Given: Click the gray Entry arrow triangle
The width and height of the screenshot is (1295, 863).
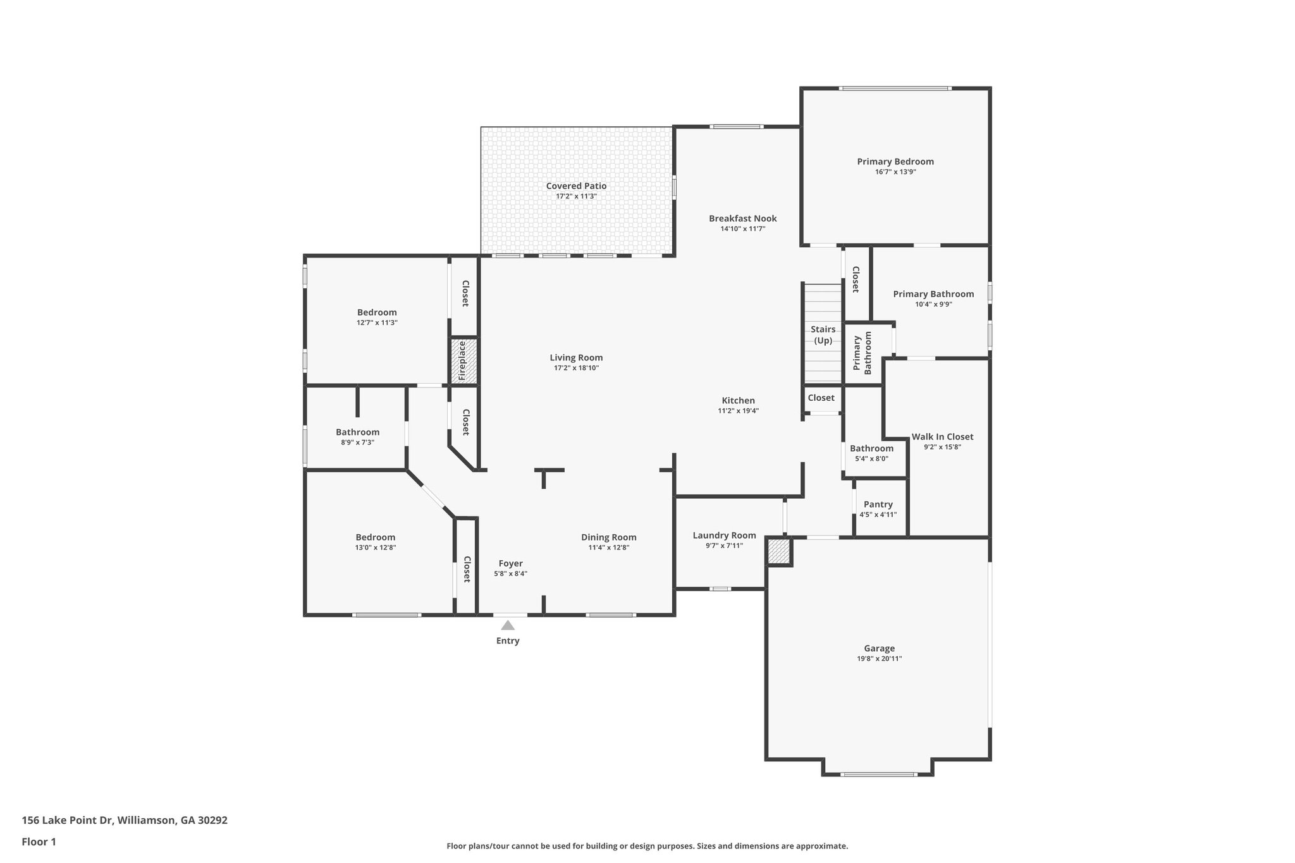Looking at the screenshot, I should (508, 625).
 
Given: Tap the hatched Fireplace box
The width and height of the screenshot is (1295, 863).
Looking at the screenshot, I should (463, 361).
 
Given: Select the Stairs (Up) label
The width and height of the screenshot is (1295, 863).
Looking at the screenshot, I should (823, 335).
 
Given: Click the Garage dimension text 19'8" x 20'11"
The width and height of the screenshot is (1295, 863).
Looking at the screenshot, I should (879, 659).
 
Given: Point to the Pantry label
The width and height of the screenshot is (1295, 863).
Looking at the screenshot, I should (878, 505).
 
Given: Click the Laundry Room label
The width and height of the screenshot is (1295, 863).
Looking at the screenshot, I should (724, 536).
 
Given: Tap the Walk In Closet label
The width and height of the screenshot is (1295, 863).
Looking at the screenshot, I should (942, 437).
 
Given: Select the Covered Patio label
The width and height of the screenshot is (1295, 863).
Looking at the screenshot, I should (576, 186).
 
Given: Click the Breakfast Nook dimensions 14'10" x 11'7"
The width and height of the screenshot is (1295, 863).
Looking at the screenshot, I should (742, 229).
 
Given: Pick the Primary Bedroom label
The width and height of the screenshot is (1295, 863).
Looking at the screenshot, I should (895, 162).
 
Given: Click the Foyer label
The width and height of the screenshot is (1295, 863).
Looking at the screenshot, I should (510, 564).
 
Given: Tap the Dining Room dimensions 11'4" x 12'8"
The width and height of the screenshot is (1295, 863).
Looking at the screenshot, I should (608, 548).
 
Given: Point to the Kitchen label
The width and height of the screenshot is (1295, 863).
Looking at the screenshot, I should (738, 401).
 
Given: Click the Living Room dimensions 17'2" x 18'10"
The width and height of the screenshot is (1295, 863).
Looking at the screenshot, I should (576, 368).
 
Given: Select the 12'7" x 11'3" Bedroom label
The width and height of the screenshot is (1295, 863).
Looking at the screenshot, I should (377, 312).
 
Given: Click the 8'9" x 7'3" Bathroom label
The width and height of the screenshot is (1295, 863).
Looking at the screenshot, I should (357, 432).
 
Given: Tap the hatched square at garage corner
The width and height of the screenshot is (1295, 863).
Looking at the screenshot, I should (779, 552).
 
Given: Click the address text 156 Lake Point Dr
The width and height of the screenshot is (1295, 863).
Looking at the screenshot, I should (67, 821).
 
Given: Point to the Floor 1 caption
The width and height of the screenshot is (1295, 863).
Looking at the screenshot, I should (39, 842).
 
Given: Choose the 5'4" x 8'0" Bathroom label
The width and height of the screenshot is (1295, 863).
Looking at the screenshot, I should (871, 449).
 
